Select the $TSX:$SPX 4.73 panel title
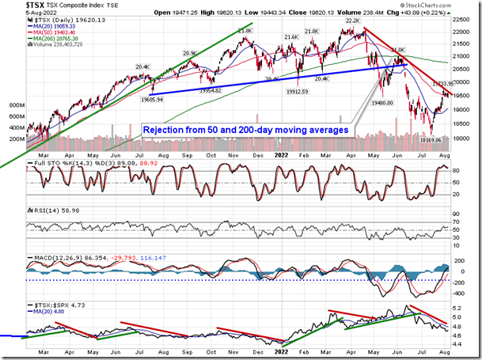point(50,305)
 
